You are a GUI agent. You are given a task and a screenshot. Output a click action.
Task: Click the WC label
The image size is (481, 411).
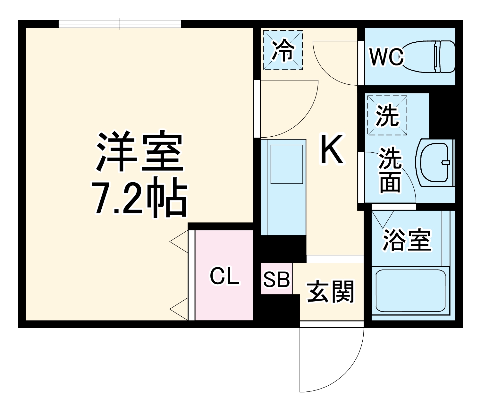386,57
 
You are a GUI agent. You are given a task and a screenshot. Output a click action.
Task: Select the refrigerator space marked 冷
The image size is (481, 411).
283,50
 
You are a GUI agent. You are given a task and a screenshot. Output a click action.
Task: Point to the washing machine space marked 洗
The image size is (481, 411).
387,115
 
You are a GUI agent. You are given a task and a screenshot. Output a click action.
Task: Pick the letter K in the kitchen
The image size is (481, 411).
332,149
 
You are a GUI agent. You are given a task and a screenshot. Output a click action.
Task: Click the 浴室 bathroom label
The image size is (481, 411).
407,240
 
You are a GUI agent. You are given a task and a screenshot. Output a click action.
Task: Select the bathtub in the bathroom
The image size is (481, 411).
411,291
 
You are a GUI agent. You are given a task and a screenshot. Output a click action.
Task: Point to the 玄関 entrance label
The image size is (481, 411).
331,292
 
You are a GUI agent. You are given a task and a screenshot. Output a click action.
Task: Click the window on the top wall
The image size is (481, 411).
120,24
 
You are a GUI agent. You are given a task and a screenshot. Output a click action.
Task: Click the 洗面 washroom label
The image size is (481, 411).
390,170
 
